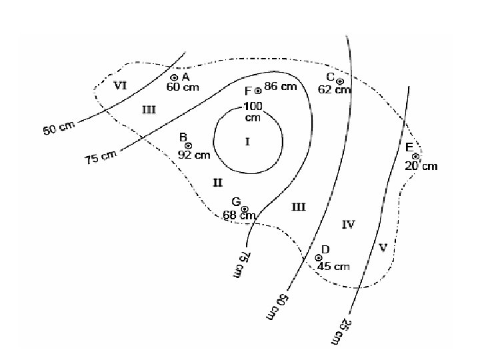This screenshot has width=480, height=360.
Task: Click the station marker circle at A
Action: tap(175, 77)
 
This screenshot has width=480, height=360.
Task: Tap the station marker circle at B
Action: tap(189, 145)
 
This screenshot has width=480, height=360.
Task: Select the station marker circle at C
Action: tap(340, 81)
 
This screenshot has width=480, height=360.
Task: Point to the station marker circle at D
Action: tap(319, 257)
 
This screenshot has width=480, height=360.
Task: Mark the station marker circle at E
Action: tap(415, 156)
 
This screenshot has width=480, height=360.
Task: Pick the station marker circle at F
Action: tap(258, 91)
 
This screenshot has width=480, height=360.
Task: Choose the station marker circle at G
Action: tap(245, 209)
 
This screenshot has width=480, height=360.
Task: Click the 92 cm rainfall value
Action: tap(194, 155)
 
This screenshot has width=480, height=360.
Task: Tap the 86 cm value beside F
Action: tap(280, 87)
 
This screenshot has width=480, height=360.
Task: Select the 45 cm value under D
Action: tap(333, 267)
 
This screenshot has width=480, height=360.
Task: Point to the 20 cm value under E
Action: tap(421, 166)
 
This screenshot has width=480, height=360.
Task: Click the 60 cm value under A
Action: tap(183, 87)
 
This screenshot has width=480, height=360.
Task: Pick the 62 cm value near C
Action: tap(333, 90)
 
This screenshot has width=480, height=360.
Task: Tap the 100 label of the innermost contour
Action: tap(253, 107)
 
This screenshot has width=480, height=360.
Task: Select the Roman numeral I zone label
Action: tap(247, 142)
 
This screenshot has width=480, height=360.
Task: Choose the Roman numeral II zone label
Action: tap(217, 183)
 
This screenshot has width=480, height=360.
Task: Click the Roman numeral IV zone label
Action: tap(348, 225)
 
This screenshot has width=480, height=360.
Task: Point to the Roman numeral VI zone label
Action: tap(121, 85)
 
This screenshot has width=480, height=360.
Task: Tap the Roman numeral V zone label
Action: tap(383, 248)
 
